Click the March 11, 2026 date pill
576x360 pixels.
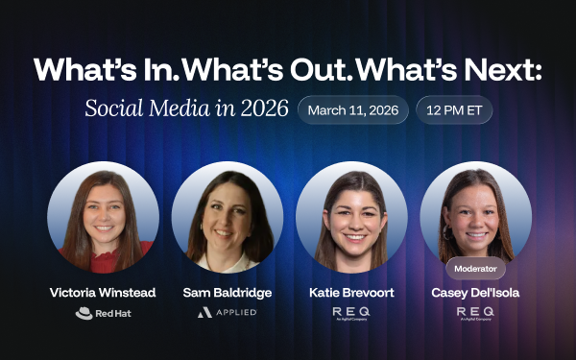(352, 109)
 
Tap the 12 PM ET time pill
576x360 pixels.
(454, 109)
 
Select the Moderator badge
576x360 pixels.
(475, 269)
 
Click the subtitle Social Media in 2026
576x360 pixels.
(186, 108)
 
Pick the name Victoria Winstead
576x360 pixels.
(103, 293)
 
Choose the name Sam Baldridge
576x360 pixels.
(228, 293)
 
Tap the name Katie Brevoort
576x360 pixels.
(350, 293)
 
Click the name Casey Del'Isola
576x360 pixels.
(475, 293)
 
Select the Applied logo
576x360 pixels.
(228, 313)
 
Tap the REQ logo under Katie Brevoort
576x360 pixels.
(350, 313)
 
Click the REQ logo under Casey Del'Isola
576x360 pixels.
(475, 313)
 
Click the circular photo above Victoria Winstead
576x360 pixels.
(103, 217)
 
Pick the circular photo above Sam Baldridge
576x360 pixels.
(228, 217)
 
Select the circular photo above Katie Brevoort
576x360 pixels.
(350, 217)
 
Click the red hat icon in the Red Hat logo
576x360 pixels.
(84, 313)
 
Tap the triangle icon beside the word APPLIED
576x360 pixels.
(204, 313)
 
